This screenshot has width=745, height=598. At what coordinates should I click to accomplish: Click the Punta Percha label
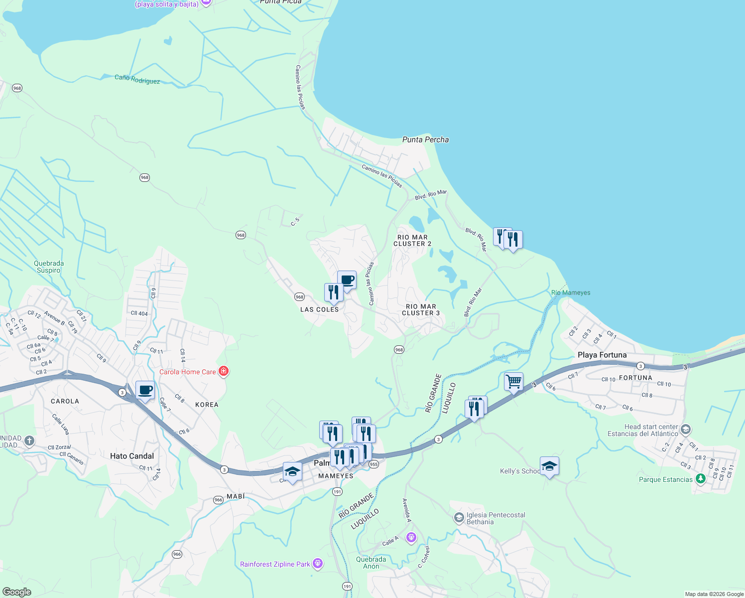[x=425, y=140]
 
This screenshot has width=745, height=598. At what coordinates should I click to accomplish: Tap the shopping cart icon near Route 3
[x=513, y=382]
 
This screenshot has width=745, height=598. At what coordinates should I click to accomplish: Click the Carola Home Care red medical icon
[x=224, y=371]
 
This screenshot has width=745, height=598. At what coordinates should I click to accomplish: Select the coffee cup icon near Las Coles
[x=347, y=280]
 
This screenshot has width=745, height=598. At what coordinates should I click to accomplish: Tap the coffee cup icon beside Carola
[x=145, y=390]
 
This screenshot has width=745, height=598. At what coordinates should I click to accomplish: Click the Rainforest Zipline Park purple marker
[x=318, y=564]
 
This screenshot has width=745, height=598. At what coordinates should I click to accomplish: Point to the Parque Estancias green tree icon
[x=701, y=479]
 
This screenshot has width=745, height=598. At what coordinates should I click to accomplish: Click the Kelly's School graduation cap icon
[x=549, y=466]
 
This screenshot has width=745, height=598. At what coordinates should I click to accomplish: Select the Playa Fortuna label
[x=602, y=355]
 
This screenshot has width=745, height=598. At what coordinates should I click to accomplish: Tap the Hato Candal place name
[x=132, y=456]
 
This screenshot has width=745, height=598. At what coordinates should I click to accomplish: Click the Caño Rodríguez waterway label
[x=137, y=79]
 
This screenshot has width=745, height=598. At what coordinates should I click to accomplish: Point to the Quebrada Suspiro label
[x=49, y=267]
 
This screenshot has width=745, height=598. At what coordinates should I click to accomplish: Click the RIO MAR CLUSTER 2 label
[x=412, y=241]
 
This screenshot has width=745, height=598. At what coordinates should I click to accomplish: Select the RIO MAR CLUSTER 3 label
[x=421, y=310]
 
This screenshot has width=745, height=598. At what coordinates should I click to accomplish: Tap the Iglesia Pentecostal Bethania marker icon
[x=459, y=518]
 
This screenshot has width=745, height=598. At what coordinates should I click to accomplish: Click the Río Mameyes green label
[x=571, y=293]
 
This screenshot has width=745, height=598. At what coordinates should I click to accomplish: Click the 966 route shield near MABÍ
[x=218, y=500]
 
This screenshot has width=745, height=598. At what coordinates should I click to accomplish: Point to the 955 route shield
[x=374, y=464]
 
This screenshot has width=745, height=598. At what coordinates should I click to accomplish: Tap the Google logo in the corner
[x=16, y=592]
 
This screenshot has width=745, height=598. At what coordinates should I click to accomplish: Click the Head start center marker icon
[x=686, y=429]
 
